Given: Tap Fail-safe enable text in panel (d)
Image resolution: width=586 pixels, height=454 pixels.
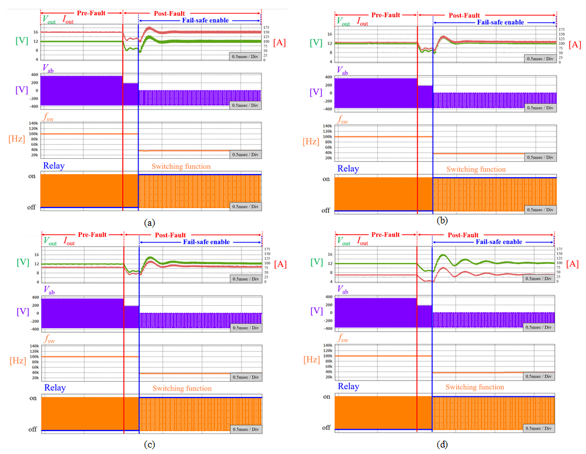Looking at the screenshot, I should pos(498,242).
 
